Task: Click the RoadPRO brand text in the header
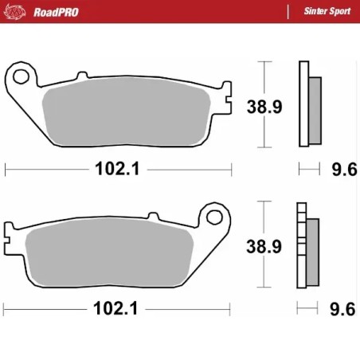57,11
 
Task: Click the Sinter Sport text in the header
328,11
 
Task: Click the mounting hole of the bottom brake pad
213,217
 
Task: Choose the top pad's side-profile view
309,104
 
